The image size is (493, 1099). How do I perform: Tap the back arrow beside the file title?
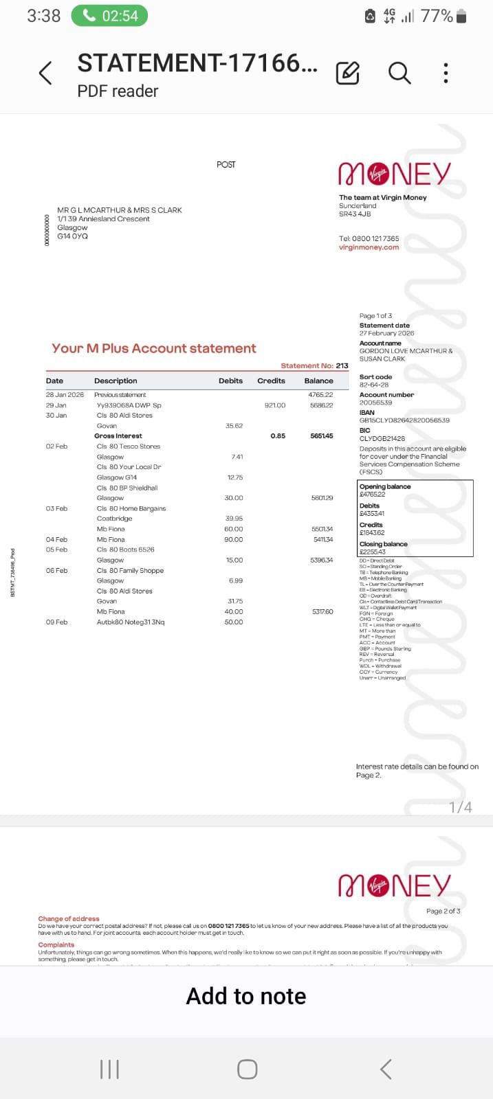click(45, 73)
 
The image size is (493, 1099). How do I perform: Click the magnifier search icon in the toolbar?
click(399, 72)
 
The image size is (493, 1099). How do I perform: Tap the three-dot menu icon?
click(446, 73)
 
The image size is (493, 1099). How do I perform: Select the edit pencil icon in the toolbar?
click(347, 73)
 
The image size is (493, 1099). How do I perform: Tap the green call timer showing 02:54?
click(109, 16)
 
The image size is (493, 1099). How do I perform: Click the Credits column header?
click(271, 381)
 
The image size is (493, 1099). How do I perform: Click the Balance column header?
click(318, 381)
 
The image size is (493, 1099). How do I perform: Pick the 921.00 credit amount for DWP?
click(274, 405)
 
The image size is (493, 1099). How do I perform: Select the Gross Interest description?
click(118, 436)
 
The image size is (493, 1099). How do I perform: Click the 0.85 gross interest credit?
click(278, 436)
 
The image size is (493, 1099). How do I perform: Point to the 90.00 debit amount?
click(234, 540)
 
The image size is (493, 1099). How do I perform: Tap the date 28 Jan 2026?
click(65, 395)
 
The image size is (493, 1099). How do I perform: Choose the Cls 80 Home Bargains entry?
click(131, 508)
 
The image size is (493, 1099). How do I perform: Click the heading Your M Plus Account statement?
click(154, 348)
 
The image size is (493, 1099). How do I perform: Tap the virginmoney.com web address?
click(369, 247)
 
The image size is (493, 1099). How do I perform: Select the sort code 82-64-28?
click(374, 385)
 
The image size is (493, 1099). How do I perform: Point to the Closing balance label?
click(383, 544)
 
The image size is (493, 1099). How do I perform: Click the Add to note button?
click(246, 996)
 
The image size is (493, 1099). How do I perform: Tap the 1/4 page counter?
click(461, 807)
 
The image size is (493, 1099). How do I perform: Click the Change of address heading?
click(69, 918)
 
